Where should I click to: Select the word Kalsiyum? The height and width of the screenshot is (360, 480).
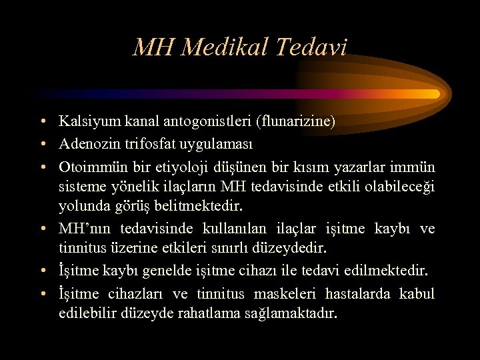coord(84,121)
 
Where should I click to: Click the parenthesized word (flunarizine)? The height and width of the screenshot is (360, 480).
coord(297,121)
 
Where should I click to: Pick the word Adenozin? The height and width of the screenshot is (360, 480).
coord(84,143)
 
